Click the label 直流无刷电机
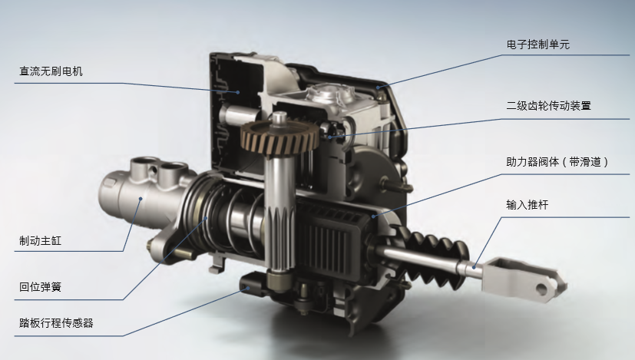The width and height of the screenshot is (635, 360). click(51, 71)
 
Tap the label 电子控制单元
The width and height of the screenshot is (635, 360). click(537, 45)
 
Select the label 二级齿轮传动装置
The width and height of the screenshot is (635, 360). click(548, 106)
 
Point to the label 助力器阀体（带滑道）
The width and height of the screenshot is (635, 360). click(557, 162)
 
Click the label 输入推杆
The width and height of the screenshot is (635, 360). click(528, 204)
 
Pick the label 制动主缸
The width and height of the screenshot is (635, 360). click(40, 240)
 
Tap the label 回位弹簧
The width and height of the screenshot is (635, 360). click(40, 287)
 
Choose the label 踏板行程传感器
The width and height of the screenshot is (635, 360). click(56, 322)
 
